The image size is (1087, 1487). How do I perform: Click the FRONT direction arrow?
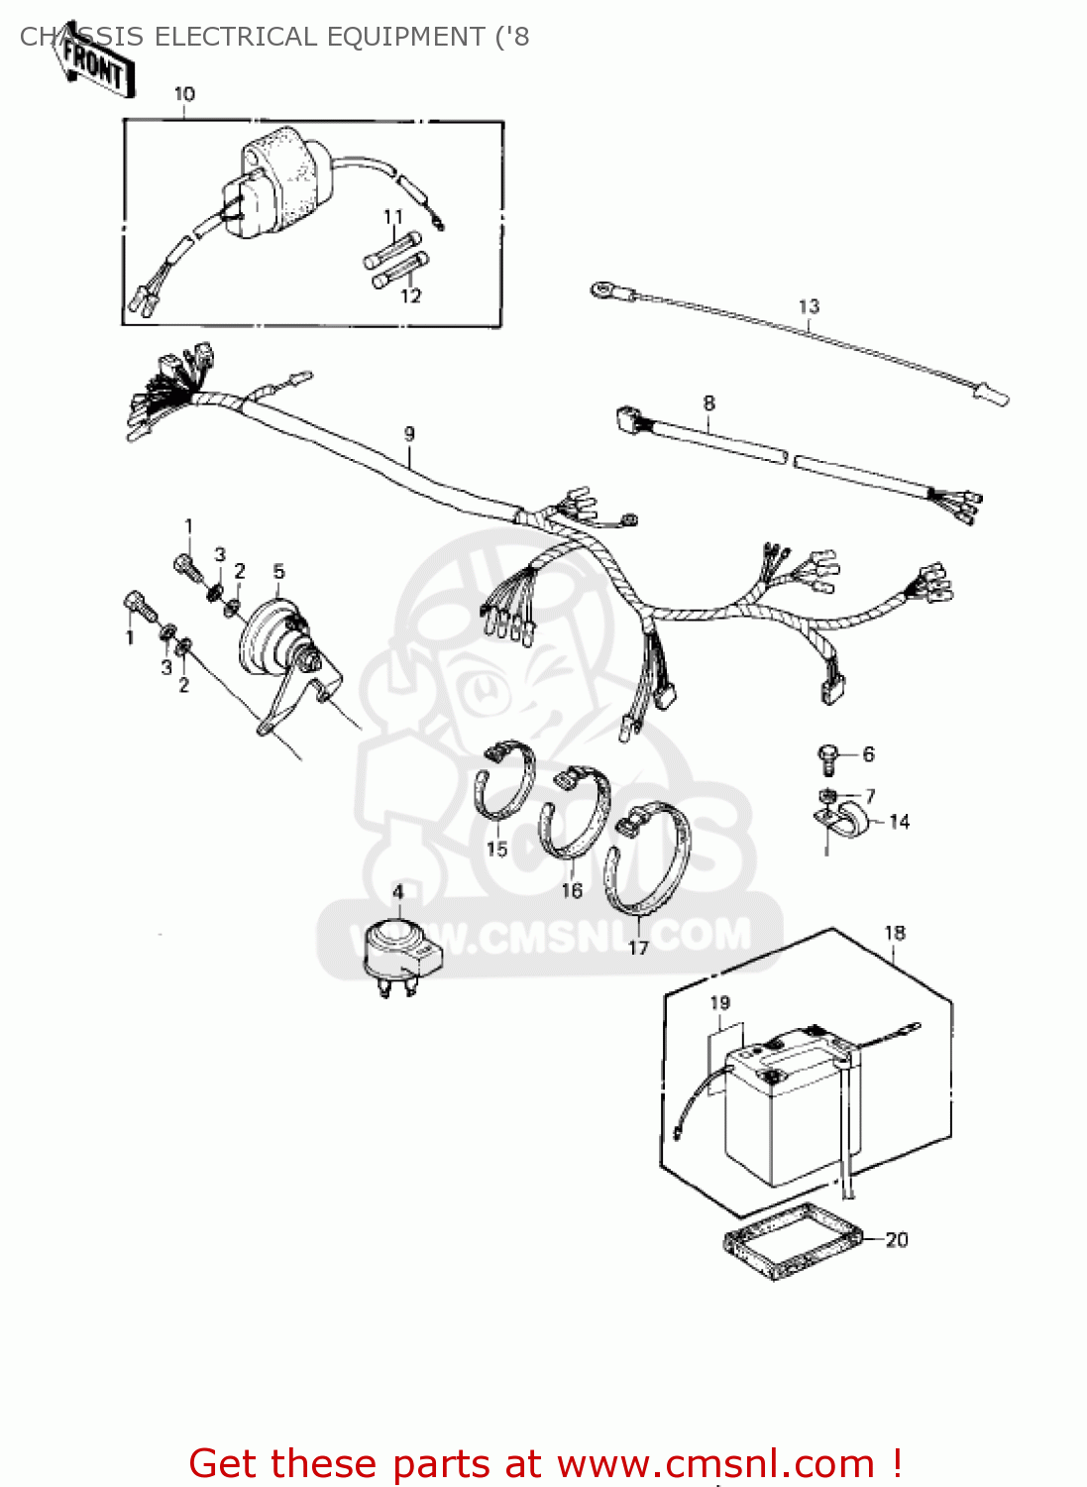[x=92, y=65]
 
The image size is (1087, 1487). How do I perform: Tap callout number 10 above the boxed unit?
[x=184, y=94]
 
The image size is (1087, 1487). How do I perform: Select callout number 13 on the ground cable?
[x=809, y=306]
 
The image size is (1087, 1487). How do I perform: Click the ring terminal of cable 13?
[x=601, y=290]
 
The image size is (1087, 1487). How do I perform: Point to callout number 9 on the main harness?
[x=409, y=434]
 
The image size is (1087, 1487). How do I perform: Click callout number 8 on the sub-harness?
[x=708, y=403]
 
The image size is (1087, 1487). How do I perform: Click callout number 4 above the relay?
[x=397, y=891]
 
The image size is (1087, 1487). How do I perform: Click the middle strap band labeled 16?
[x=575, y=813]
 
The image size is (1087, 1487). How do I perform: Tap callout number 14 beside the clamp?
[x=899, y=822]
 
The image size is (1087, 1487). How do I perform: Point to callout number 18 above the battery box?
[x=894, y=933]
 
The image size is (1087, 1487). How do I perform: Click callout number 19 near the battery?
[x=719, y=1003]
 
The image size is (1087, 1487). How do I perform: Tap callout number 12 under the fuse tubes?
[x=410, y=295]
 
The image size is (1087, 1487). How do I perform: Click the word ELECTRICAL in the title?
[x=235, y=37]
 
